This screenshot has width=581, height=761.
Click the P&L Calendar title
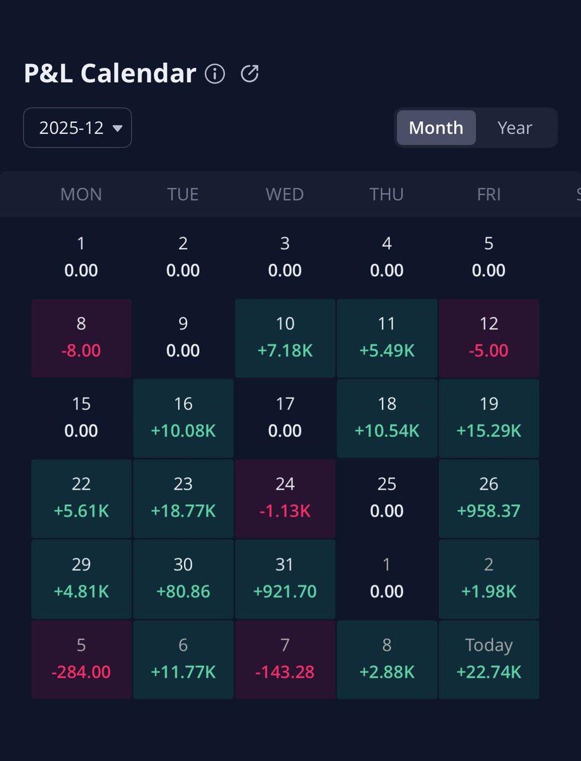tap(110, 74)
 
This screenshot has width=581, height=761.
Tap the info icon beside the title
tap(215, 74)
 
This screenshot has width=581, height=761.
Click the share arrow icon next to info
tap(250, 74)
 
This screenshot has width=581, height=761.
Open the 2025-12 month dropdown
tap(77, 127)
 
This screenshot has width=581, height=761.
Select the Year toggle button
tap(514, 127)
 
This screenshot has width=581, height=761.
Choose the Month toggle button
tap(436, 127)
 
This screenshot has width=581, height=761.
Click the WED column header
tap(285, 194)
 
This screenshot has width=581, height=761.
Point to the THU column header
tap(386, 194)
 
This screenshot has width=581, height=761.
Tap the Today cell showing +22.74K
tap(488, 660)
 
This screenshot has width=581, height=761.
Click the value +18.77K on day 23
tap(183, 511)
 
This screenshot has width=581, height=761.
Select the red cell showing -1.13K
tap(285, 498)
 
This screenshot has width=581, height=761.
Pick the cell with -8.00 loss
tap(81, 338)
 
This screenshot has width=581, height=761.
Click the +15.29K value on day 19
tap(488, 431)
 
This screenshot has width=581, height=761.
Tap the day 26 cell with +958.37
tap(488, 498)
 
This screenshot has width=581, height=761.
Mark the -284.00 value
tap(81, 672)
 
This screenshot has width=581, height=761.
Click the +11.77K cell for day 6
tap(183, 660)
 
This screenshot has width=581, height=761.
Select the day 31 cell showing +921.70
tap(285, 579)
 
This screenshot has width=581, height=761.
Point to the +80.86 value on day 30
tap(183, 592)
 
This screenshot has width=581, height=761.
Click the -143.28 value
tap(285, 672)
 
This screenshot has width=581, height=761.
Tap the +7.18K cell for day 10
tap(285, 338)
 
